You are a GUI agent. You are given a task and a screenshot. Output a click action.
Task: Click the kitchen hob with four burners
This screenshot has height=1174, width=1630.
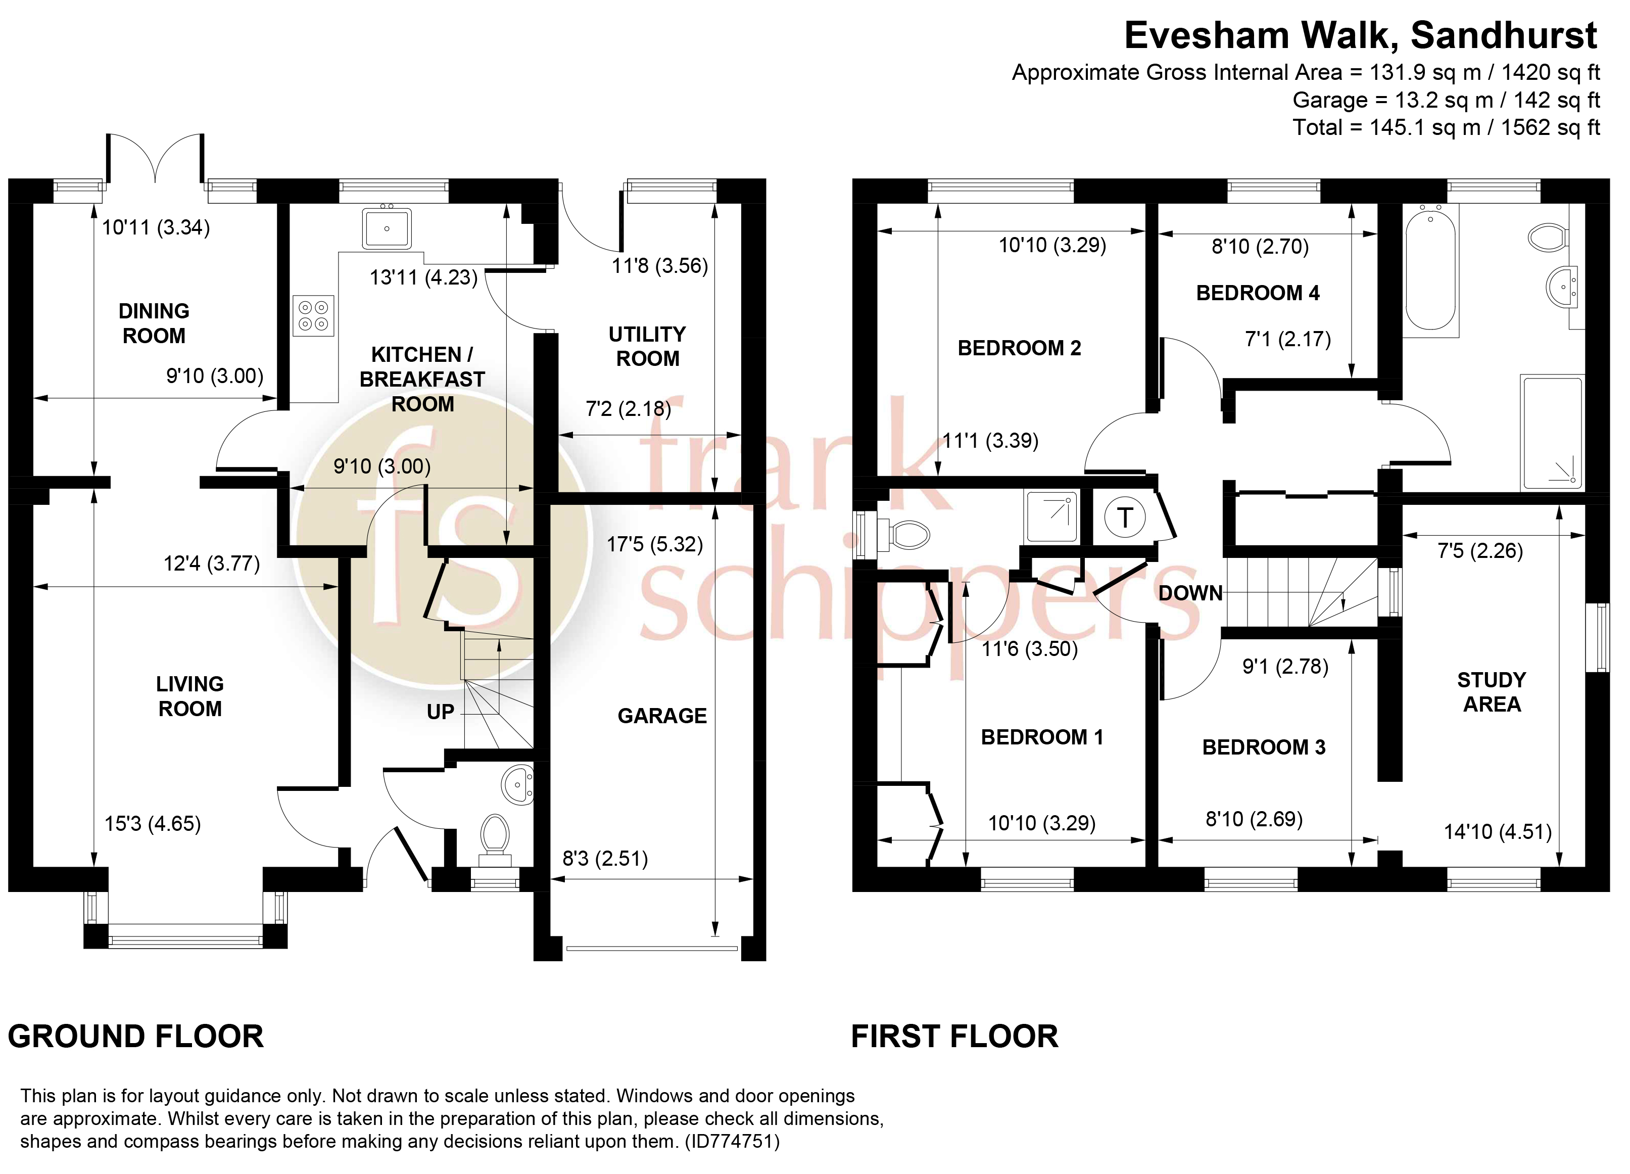click(313, 315)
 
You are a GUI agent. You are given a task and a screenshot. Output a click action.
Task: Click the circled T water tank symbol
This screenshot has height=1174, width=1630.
click(1125, 518)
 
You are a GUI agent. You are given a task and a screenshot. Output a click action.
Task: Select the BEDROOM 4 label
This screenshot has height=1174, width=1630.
click(1258, 293)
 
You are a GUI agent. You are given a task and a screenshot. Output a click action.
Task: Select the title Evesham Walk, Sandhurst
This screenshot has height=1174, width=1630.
click(1361, 35)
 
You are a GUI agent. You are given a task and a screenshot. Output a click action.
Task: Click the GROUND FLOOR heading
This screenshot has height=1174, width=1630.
click(136, 1036)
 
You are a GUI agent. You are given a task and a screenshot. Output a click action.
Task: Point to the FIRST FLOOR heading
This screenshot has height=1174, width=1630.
click(954, 1036)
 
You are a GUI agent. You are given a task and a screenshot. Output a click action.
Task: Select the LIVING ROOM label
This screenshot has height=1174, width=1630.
click(190, 696)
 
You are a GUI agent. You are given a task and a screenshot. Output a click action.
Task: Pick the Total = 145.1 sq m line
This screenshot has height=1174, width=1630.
click(1446, 127)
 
